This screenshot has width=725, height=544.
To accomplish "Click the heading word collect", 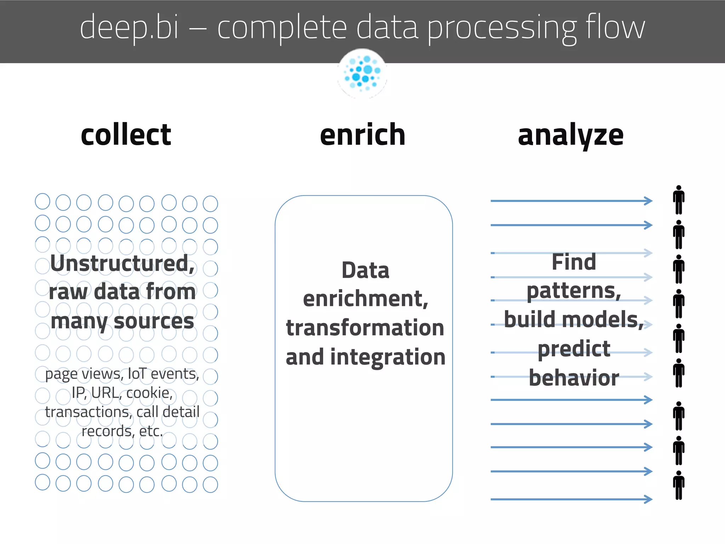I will click(x=126, y=135).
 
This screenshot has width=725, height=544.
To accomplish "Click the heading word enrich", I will click(x=362, y=135).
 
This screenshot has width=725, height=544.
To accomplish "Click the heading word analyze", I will click(x=570, y=136).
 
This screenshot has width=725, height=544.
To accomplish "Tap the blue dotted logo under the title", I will click(x=362, y=73).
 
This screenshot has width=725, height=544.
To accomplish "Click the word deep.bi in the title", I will click(x=130, y=28).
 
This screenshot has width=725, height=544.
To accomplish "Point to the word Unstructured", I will click(x=122, y=263).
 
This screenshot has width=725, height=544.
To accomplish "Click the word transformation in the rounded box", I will click(x=365, y=328).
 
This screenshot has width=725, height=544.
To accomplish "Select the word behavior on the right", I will click(x=574, y=378).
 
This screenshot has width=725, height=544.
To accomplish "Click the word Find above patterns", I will click(x=574, y=262).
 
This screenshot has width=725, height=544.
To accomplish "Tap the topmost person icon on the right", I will click(x=679, y=200).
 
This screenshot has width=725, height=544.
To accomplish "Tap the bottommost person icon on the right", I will click(x=679, y=485).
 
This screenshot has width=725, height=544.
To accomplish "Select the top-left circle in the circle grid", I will click(x=42, y=201).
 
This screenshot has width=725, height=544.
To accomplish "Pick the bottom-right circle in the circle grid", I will click(x=210, y=484).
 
